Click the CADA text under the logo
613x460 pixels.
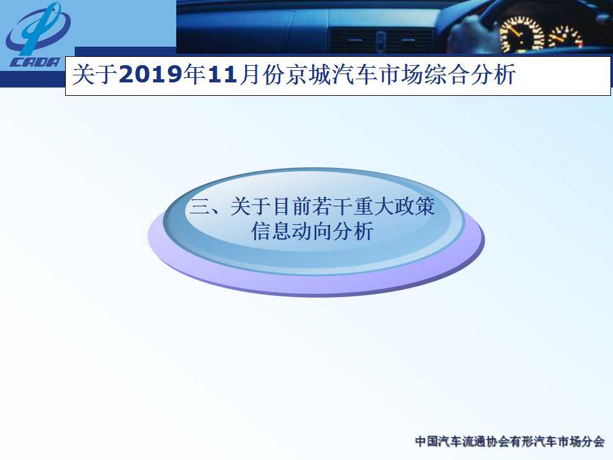point(35,62)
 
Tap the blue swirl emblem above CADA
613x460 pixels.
point(38,29)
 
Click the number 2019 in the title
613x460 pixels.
point(150,74)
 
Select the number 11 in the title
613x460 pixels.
point(222,74)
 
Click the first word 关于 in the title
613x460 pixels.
point(95,74)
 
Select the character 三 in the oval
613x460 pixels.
point(199,206)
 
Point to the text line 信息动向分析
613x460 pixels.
point(312,231)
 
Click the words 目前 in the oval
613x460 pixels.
point(291,206)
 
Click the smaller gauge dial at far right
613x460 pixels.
point(566,37)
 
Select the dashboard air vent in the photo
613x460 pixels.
point(381,41)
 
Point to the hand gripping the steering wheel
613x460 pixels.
point(469,33)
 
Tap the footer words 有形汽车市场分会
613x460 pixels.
point(557,441)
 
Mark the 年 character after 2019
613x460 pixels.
point(194,74)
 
